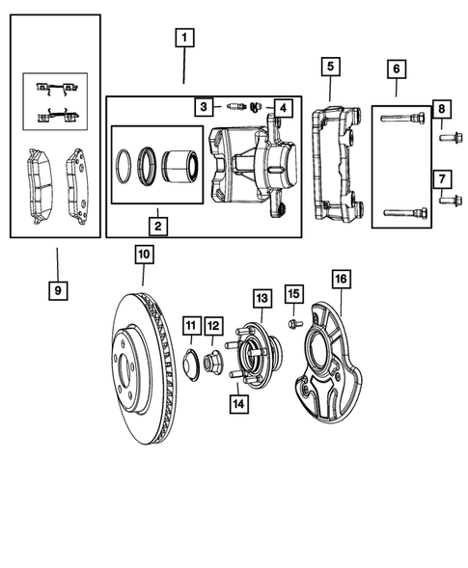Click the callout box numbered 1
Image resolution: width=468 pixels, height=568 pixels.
pyautogui.click(x=184, y=41)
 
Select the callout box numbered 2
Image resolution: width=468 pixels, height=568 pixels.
pyautogui.click(x=155, y=228)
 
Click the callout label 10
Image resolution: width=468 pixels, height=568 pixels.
pyautogui.click(x=144, y=255)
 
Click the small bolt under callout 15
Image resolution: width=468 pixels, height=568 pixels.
pyautogui.click(x=293, y=324)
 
